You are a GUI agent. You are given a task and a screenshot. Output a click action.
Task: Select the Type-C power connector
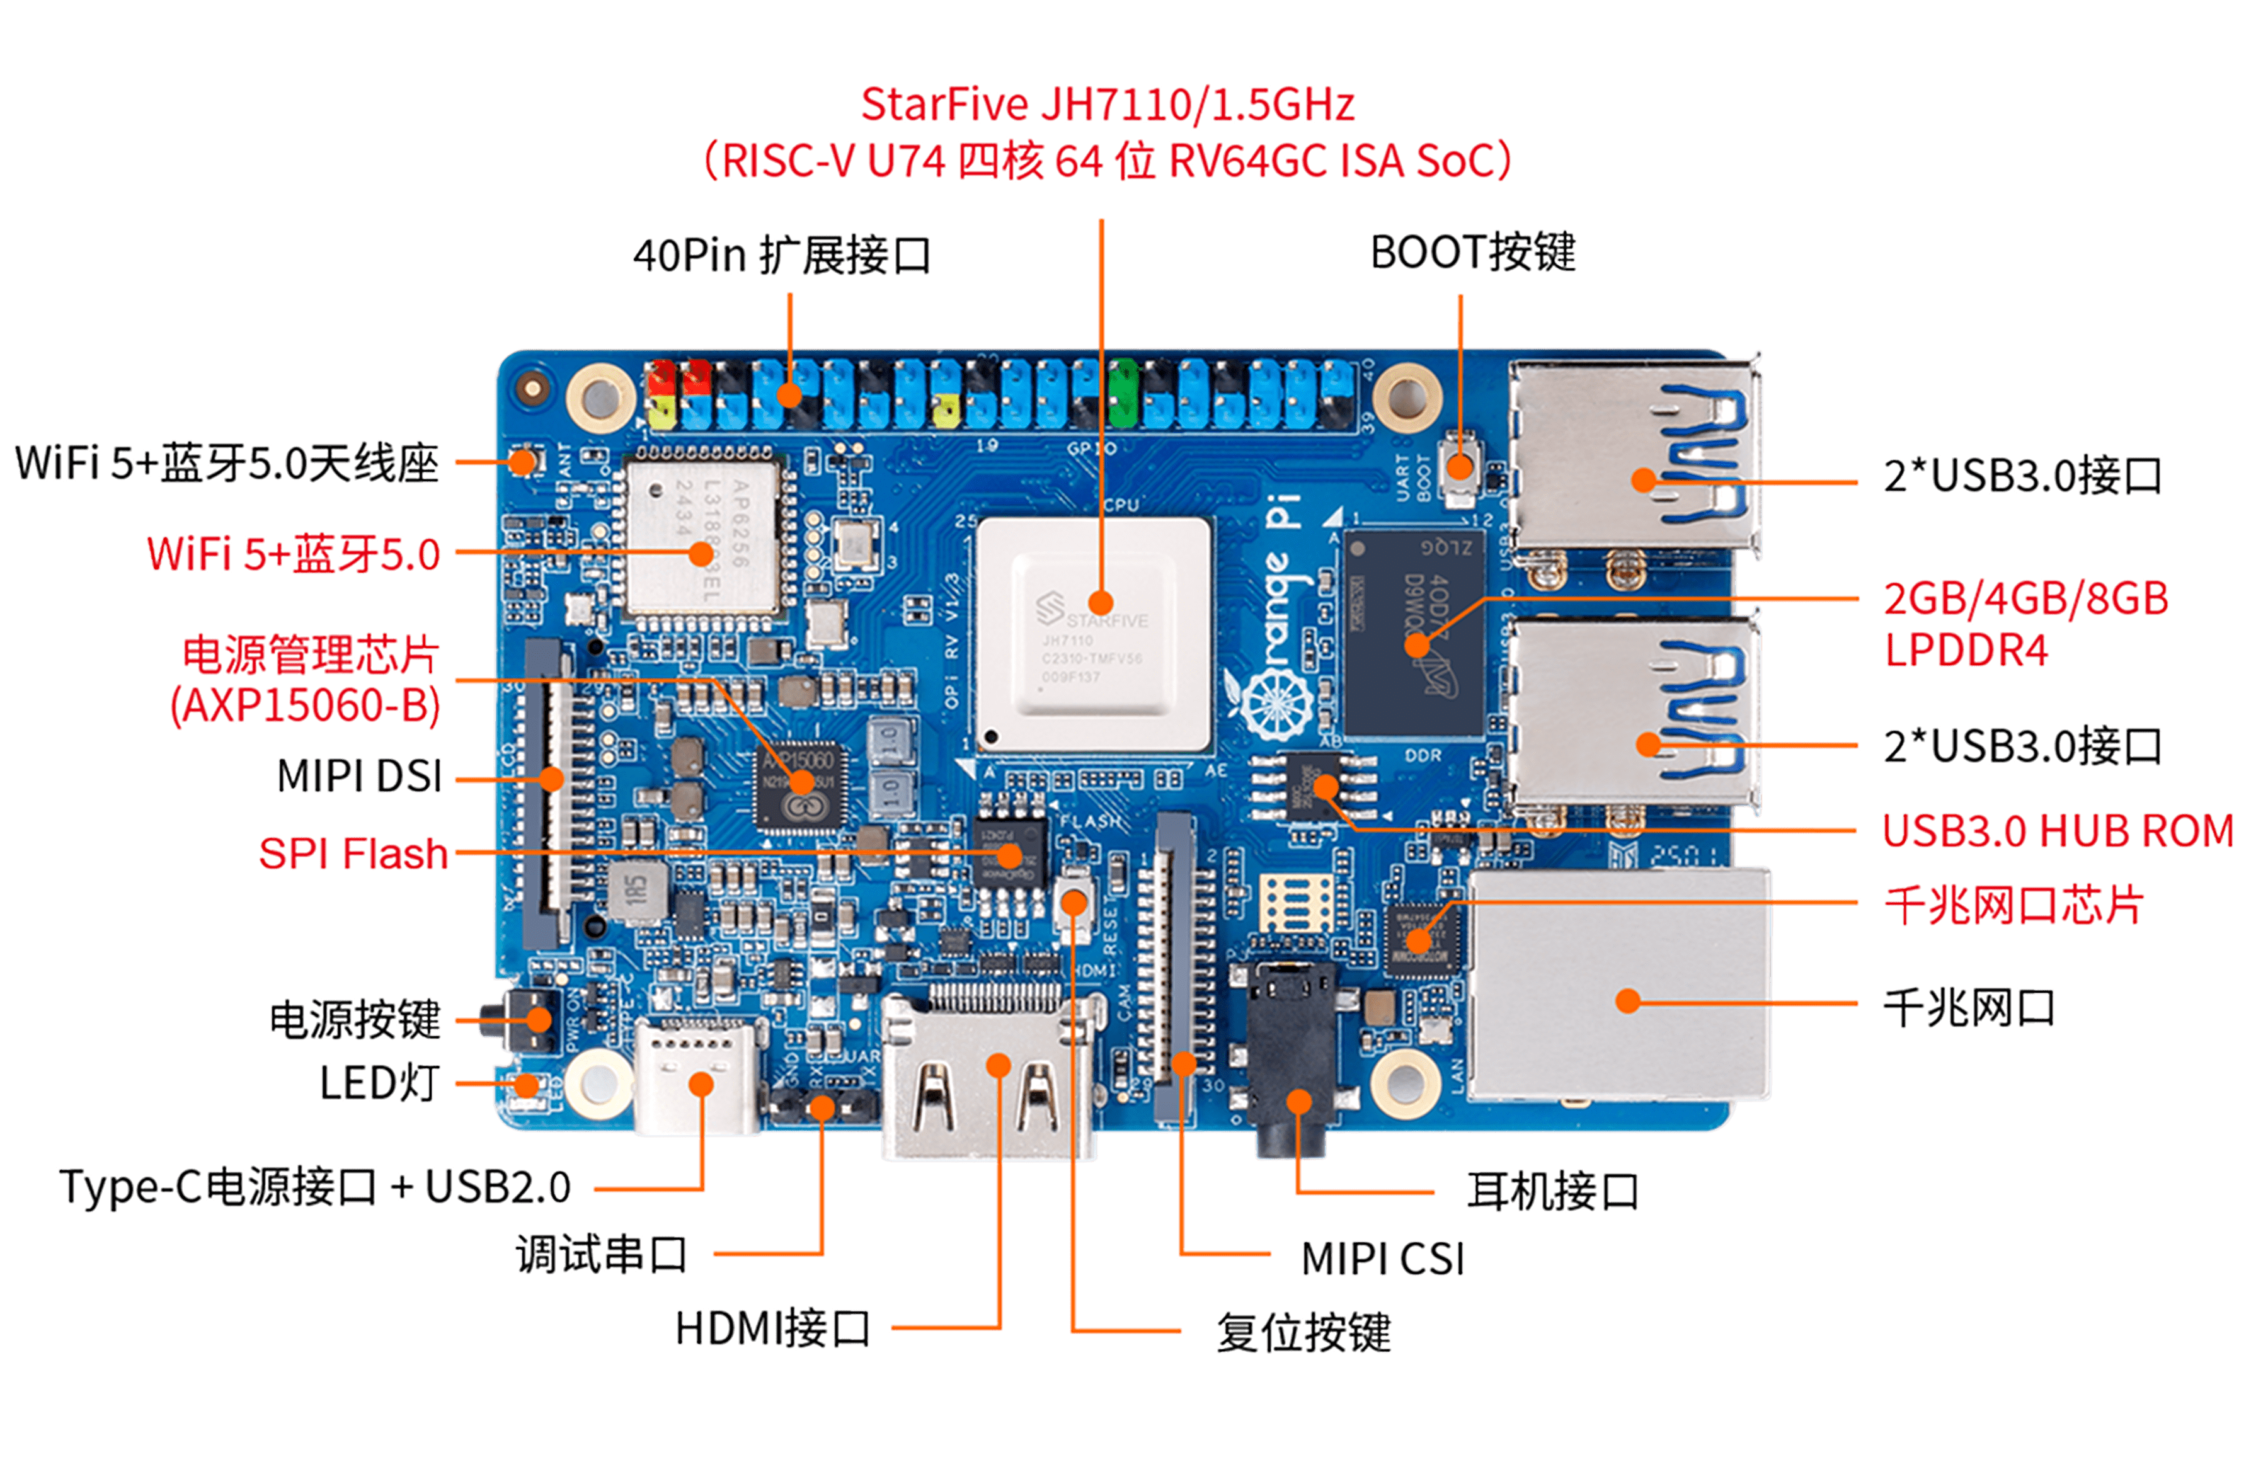[x=699, y=1077]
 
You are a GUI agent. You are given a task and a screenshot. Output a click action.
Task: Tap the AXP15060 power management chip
[x=799, y=783]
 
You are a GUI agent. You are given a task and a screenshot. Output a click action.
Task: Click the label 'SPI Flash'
[x=353, y=854]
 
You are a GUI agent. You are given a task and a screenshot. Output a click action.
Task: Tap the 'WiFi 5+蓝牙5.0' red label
[x=294, y=554]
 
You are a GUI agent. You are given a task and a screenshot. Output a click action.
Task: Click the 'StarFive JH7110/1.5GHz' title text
[x=1108, y=105]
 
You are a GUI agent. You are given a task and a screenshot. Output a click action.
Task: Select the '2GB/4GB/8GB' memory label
[x=2025, y=598]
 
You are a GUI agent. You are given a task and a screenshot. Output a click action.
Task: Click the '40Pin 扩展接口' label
[x=781, y=255]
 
